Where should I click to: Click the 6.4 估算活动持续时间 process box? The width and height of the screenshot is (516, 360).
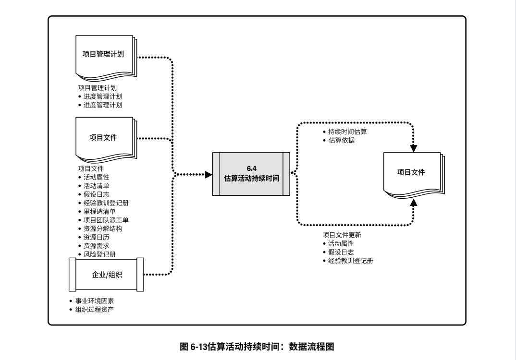(x=251, y=174)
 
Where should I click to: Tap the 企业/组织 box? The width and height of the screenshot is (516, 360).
(x=106, y=275)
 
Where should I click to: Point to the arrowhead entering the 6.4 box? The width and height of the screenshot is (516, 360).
(x=209, y=174)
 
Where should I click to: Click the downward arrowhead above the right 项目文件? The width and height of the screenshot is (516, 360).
(x=414, y=148)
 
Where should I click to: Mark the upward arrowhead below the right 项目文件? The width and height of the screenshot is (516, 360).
(x=414, y=204)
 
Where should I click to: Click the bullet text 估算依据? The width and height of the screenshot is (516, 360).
(x=342, y=140)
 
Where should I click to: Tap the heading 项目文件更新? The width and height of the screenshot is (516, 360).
(x=342, y=235)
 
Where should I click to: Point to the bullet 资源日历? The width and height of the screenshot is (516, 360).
(x=97, y=237)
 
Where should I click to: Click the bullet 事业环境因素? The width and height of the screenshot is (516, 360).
(x=95, y=301)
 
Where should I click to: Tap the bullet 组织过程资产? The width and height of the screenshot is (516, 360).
(x=95, y=310)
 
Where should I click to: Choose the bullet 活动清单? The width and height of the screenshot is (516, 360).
(x=97, y=185)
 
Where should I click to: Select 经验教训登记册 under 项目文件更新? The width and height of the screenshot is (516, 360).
(x=351, y=261)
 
